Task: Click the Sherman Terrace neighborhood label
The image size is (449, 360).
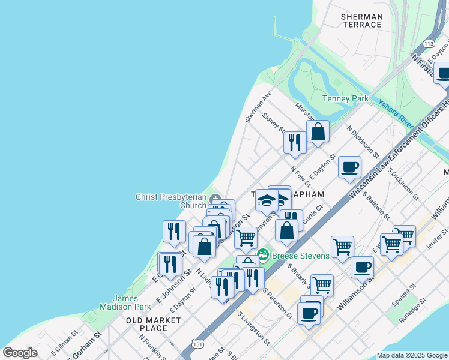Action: (x=361, y=20)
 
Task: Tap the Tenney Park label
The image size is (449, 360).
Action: (x=345, y=98)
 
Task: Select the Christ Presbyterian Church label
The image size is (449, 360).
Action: (x=171, y=201)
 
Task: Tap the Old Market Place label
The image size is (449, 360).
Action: (x=154, y=324)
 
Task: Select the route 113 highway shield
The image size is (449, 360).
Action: (x=428, y=44)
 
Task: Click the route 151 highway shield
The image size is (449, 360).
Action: (x=197, y=343)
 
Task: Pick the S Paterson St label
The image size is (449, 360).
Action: (x=279, y=302)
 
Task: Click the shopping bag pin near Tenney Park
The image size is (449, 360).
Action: (x=318, y=131)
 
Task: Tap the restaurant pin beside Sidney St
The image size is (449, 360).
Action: (x=294, y=142)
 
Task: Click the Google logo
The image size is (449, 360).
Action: (x=20, y=353)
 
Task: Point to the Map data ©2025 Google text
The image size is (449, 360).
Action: (x=411, y=355)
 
